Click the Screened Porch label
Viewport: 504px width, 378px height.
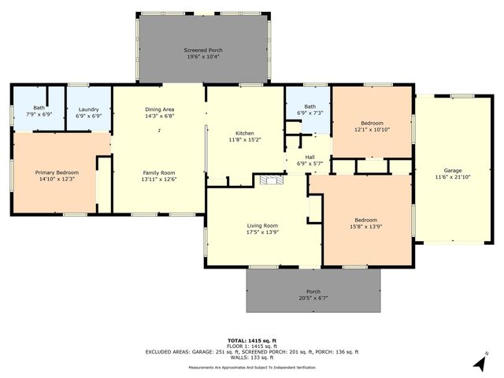click(203, 49)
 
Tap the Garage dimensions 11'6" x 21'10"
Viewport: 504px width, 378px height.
click(453, 177)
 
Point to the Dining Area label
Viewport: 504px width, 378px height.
click(159, 109)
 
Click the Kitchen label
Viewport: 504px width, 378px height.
click(245, 133)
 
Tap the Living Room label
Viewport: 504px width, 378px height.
click(263, 226)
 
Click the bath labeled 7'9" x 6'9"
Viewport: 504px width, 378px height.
click(39, 115)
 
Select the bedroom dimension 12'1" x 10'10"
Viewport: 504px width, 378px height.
click(372, 130)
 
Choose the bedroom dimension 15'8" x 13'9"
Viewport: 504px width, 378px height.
click(365, 227)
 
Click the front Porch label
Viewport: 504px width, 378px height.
click(313, 291)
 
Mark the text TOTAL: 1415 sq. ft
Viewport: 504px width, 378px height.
click(252, 339)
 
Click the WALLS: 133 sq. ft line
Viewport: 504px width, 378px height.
click(252, 358)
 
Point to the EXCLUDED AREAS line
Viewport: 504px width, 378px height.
click(252, 352)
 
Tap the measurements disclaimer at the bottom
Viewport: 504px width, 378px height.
click(252, 368)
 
